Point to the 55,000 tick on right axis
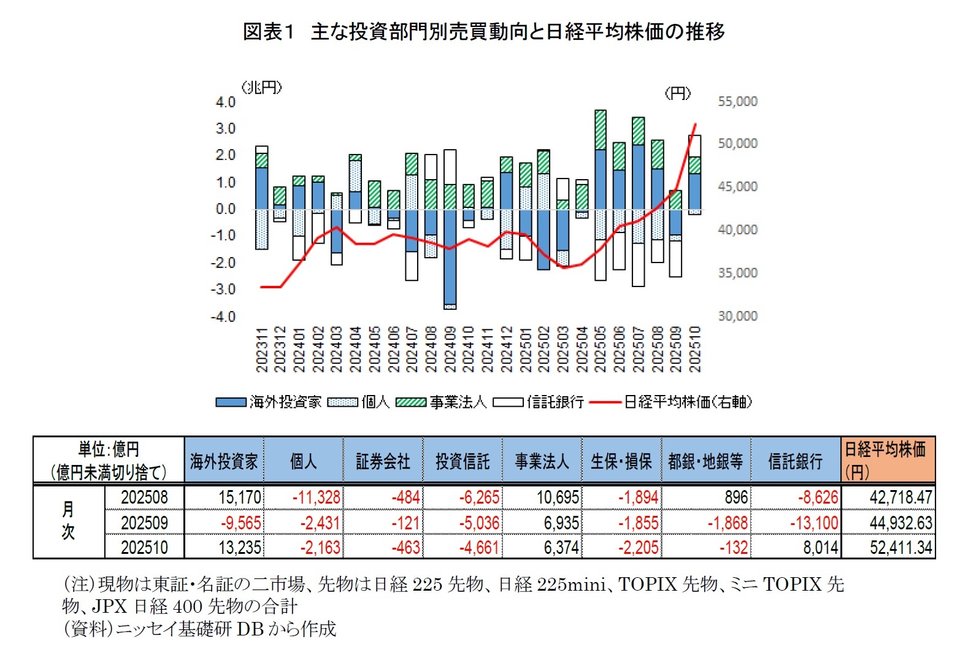coord(737,101)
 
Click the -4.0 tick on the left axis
coord(223,317)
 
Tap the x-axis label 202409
coord(450,349)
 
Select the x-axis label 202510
coord(695,349)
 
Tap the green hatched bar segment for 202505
coord(600,130)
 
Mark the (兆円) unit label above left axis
coord(262,88)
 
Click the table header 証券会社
coord(383,461)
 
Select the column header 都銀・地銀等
coord(705,461)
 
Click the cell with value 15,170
coord(240,497)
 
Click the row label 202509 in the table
coord(144,523)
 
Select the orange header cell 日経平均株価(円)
coord(888,460)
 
